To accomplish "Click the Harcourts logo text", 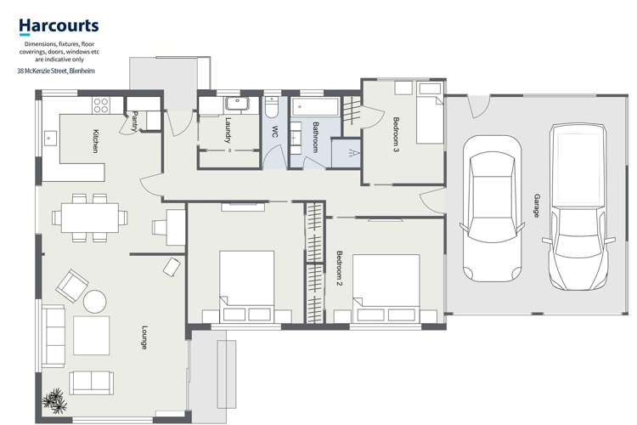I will [58, 26].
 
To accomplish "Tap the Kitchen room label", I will [97, 140].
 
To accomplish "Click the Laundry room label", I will [228, 129].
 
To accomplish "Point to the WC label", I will [274, 132].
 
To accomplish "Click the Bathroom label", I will [314, 137].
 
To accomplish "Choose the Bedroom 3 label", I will [396, 133].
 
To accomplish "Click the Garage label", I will [536, 205].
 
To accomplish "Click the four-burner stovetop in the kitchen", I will [101, 105].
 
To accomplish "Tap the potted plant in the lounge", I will [55, 399].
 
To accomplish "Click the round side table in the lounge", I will [94, 300].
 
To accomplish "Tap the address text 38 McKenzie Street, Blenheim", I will [56, 71].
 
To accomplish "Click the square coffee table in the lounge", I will [91, 335].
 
